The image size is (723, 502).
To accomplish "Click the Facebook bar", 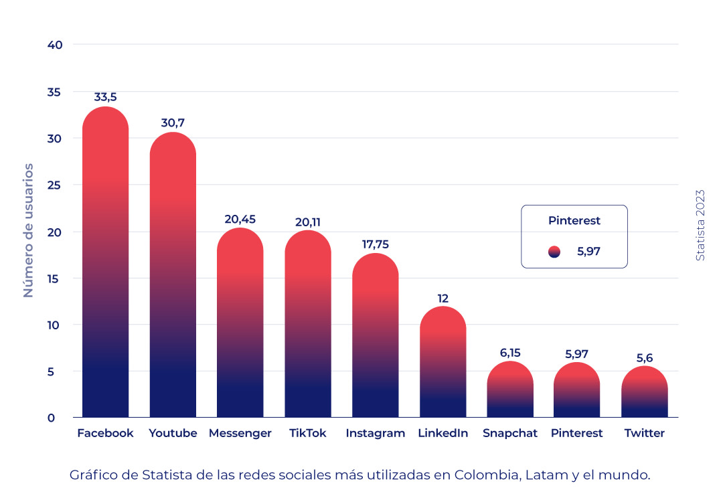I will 105,268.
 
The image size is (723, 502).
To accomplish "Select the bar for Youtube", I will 173,281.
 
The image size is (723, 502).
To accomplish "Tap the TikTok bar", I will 308,328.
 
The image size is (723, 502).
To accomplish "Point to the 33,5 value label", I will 105,97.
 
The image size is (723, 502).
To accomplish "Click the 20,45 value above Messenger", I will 240,219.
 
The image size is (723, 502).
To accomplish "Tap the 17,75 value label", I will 376,244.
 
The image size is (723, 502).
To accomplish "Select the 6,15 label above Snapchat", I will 510,353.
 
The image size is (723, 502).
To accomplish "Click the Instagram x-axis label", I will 376,433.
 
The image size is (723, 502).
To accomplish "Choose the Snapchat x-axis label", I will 510,433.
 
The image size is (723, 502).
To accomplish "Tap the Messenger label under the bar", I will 240,433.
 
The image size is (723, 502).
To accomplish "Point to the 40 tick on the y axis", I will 55,45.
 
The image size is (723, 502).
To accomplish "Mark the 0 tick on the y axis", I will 51,418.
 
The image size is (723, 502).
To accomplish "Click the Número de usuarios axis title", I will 28,230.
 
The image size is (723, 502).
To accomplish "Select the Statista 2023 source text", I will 700,224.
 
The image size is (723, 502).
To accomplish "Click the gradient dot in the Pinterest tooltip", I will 554,252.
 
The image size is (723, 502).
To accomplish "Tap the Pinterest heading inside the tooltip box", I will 574,220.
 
